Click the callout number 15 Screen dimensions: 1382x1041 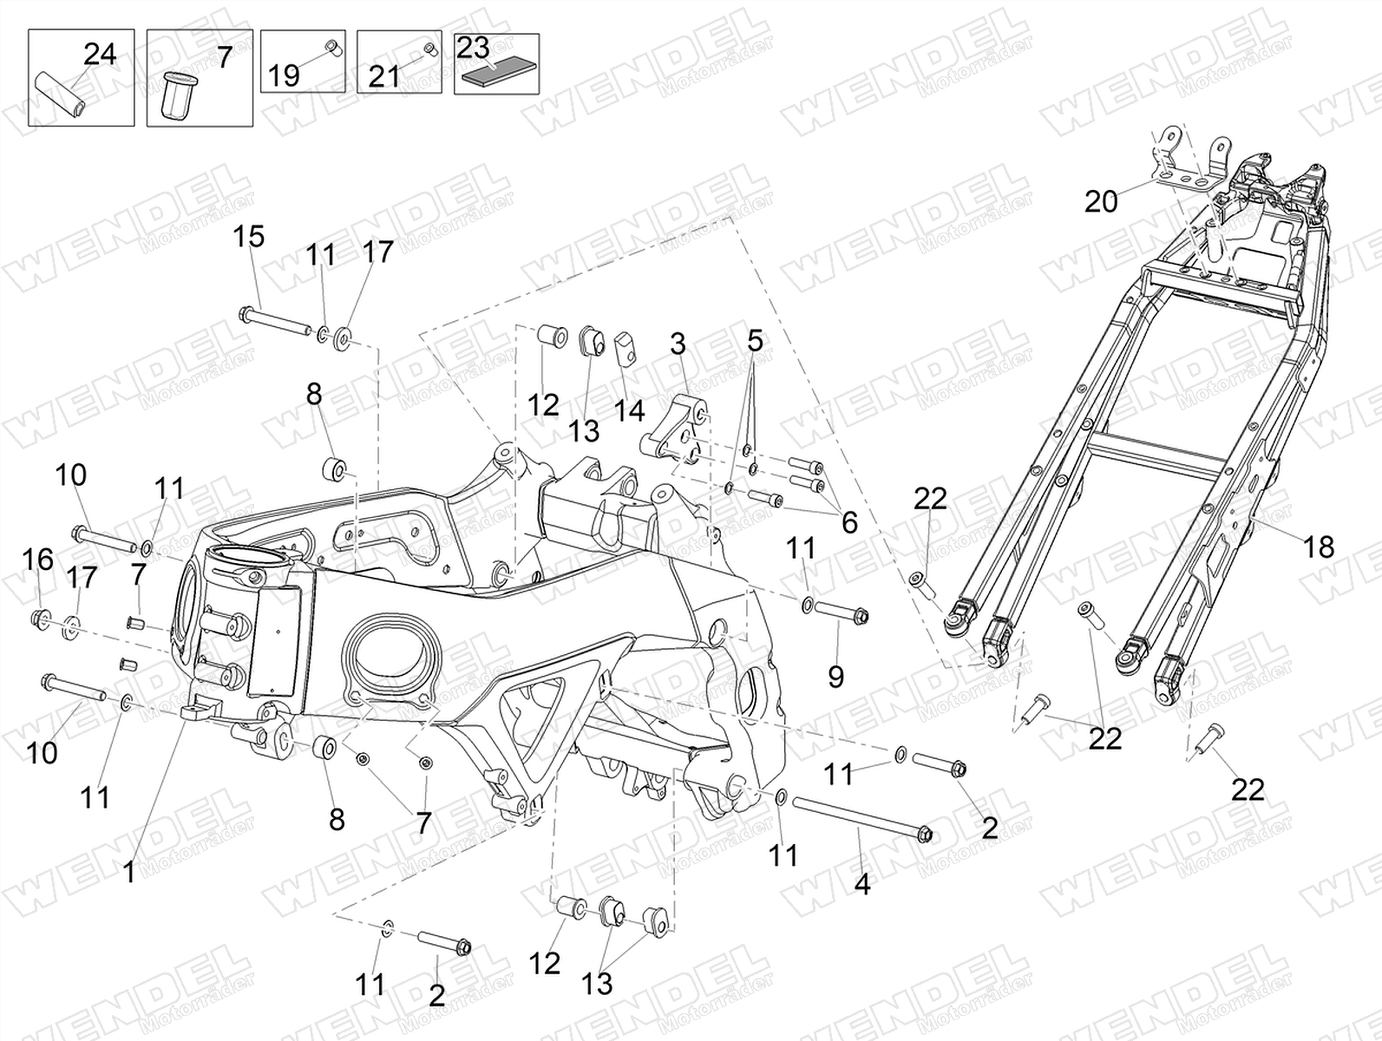tap(249, 237)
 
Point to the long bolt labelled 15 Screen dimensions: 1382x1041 tap(274, 320)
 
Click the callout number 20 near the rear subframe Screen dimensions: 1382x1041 tap(1101, 202)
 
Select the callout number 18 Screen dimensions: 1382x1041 tap(1319, 547)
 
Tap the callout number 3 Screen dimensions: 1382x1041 tap(678, 344)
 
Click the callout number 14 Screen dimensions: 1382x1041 tap(630, 411)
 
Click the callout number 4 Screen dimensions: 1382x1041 tap(862, 884)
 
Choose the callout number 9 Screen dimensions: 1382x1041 tap(835, 676)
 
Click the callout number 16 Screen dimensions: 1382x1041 tap(38, 560)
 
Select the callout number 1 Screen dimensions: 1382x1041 tap(129, 873)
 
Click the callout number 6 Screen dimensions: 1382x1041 tap(849, 521)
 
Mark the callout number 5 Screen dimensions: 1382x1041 tap(755, 341)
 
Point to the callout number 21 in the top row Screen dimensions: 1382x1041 tap(384, 77)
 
